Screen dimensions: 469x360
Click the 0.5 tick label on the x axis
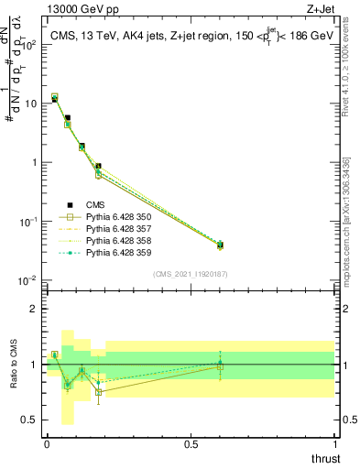click(191, 442)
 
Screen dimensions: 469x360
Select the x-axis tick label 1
click(334, 442)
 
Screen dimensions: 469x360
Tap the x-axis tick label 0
click(47, 442)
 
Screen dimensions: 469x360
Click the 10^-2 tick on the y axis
click(27, 280)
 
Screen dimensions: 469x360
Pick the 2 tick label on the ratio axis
click(33, 309)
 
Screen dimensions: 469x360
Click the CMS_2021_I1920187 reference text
click(190, 274)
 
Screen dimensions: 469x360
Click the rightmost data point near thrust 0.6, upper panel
click(220, 245)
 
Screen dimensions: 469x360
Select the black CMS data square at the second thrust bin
click(68, 118)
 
